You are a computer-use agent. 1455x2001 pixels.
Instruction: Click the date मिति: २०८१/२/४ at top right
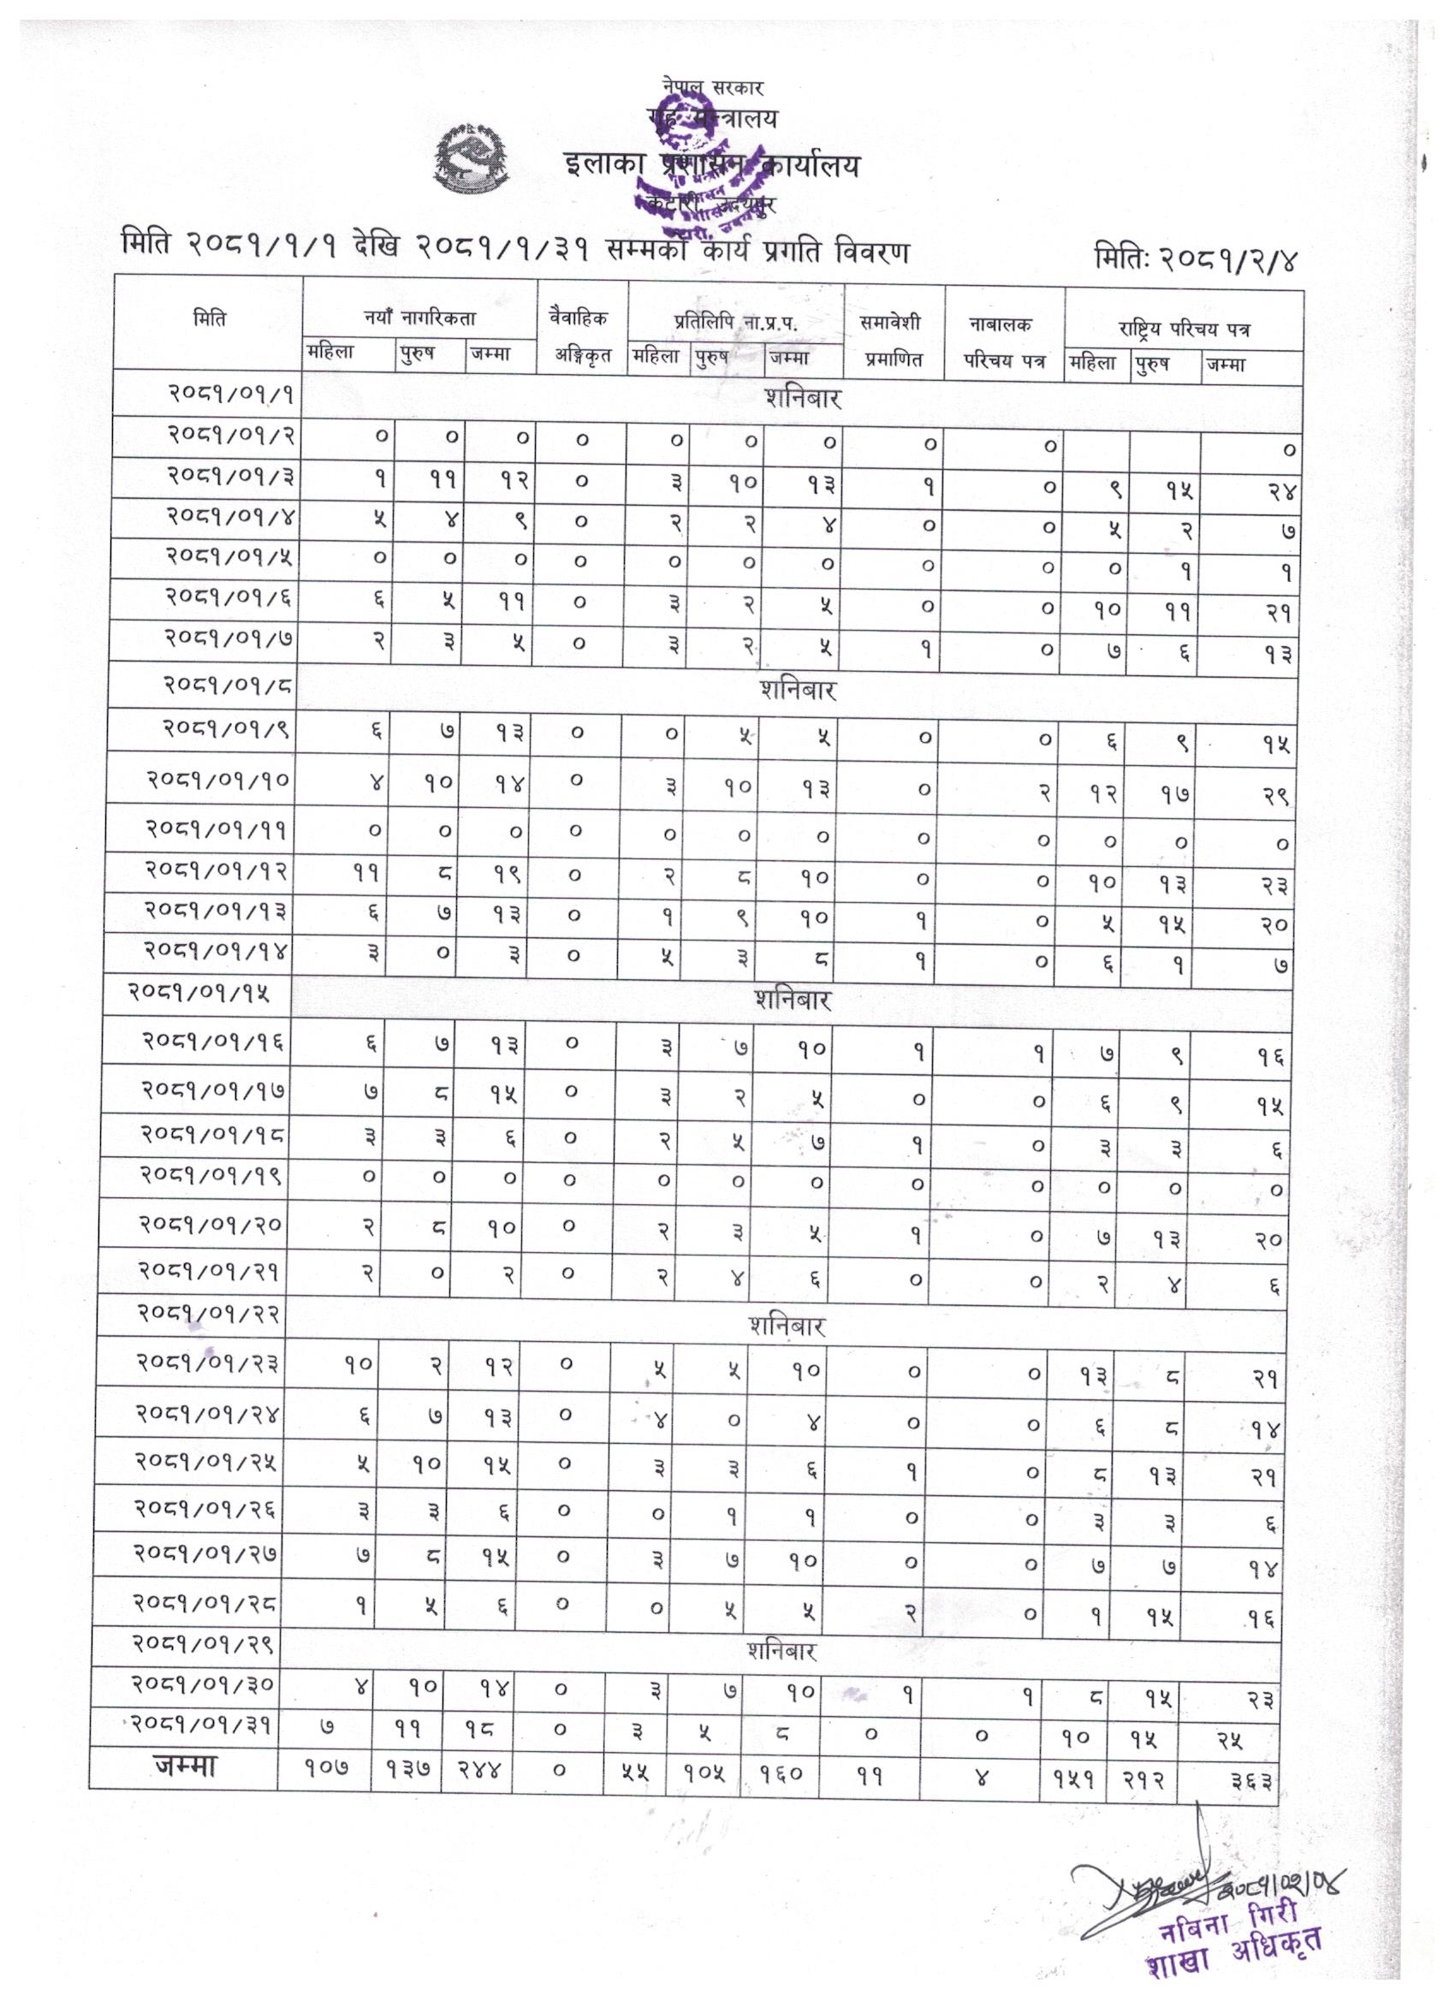tap(1197, 258)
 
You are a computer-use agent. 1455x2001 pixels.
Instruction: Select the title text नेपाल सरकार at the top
tap(712, 87)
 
